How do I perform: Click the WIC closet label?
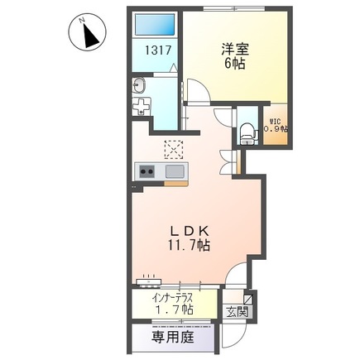click(x=273, y=118)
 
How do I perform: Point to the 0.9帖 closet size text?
click(x=274, y=128)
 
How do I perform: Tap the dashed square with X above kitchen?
click(x=175, y=149)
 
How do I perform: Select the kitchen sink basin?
click(x=175, y=171)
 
